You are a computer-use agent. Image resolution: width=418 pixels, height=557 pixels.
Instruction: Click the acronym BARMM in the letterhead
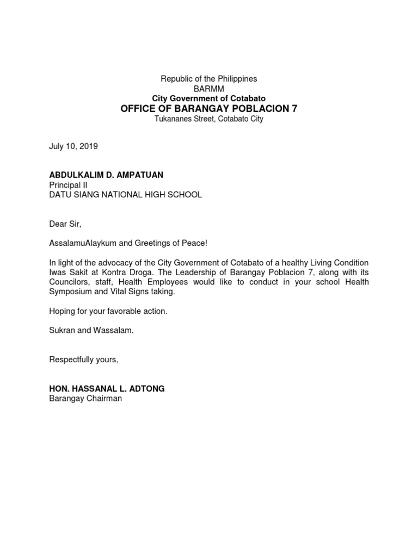tap(208, 89)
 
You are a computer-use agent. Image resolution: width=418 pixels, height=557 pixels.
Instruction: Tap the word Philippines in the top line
tap(235, 79)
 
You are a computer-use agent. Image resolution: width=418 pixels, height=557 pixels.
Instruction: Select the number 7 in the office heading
tap(294, 109)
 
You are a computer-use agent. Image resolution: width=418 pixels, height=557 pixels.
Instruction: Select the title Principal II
tap(65, 185)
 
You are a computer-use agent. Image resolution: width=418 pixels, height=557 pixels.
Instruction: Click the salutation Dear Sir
tap(65, 224)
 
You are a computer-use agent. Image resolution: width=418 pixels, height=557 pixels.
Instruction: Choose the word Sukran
tap(62, 331)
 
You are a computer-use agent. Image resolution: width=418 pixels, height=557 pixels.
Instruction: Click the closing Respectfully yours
tap(83, 360)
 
